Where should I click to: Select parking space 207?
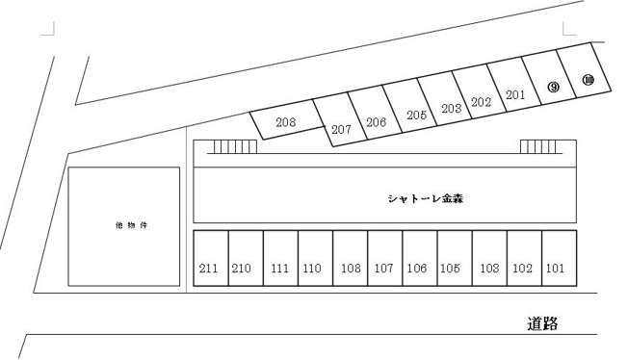tap(340, 120)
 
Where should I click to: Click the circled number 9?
tap(553, 87)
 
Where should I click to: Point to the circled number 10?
tap(588, 80)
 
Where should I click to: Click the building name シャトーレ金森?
tap(426, 198)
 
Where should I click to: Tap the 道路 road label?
tap(542, 323)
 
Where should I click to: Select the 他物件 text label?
tap(131, 225)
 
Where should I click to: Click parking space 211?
tap(211, 258)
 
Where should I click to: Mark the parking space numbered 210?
tap(246, 258)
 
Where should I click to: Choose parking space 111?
tap(280, 258)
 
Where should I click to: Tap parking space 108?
tap(351, 258)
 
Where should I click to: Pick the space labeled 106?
tap(420, 258)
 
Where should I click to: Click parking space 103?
tap(490, 258)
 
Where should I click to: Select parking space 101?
tap(560, 258)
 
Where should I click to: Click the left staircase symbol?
tap(235, 146)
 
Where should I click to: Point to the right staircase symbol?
tap(538, 146)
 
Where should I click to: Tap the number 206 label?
tap(376, 122)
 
